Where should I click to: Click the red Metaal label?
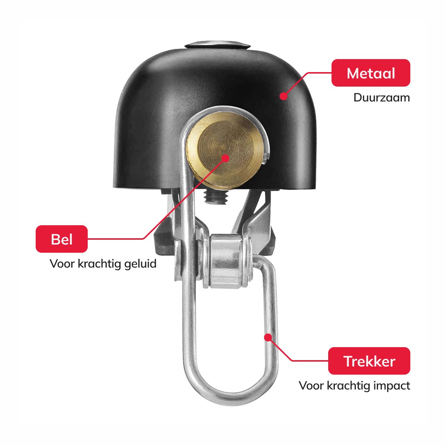(x=371, y=73)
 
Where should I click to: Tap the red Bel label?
(x=62, y=239)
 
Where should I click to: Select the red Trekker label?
(x=369, y=361)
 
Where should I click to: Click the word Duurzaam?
(x=381, y=98)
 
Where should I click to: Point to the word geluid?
(x=140, y=264)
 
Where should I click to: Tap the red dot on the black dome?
(x=284, y=96)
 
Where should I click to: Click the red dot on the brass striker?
(x=225, y=158)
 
